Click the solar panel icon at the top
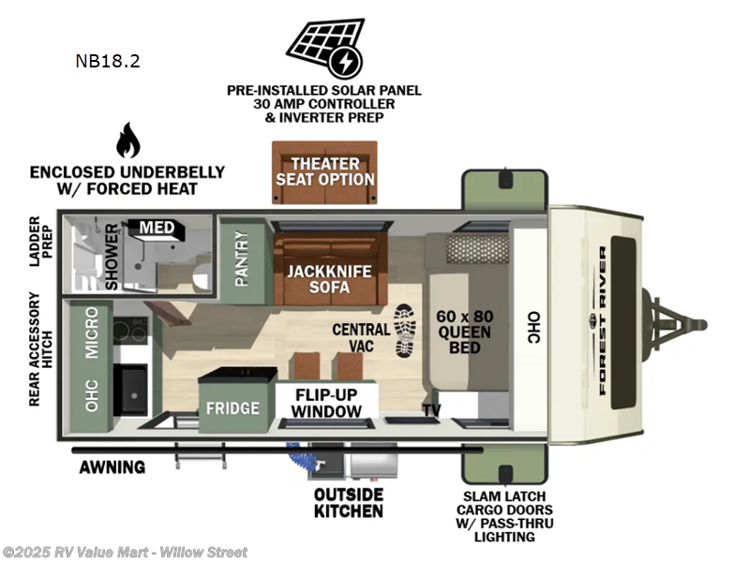point(326,49)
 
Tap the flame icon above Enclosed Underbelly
point(128,140)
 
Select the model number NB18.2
point(108,61)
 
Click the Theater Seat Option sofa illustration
point(324,172)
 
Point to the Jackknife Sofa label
point(329,279)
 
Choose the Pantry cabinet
point(243,261)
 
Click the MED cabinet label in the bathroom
point(157,228)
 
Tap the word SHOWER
point(112,257)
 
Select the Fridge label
point(232,408)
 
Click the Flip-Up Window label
point(326,403)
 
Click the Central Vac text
point(361,337)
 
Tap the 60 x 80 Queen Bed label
point(464,332)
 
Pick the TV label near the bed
point(431,410)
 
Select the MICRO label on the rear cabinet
point(91,333)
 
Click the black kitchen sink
point(131,390)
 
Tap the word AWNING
point(112,466)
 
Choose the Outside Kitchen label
point(349,503)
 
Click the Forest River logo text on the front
point(603,320)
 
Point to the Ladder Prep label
point(41,242)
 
